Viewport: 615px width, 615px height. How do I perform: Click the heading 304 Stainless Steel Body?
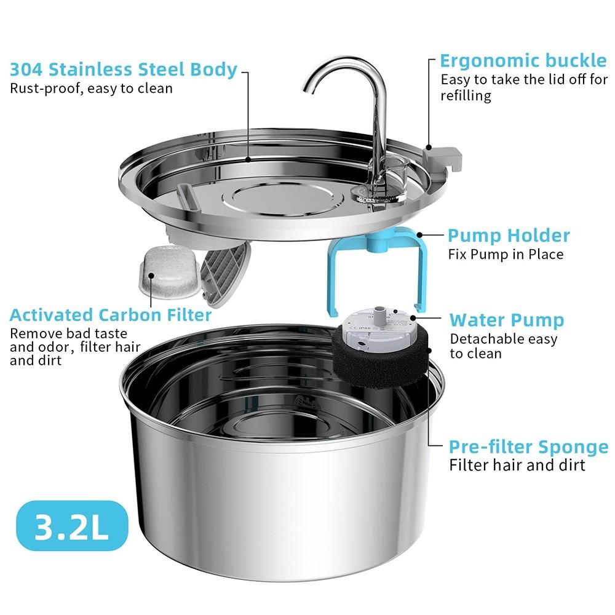click(123, 69)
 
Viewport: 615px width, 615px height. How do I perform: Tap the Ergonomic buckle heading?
click(523, 61)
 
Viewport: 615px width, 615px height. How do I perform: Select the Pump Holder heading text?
click(509, 236)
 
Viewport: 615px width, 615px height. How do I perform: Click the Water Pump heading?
click(506, 320)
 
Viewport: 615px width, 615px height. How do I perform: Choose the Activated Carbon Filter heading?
click(111, 315)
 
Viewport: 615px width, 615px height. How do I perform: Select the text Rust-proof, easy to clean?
click(91, 88)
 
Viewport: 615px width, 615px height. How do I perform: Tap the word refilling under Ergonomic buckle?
click(466, 96)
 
